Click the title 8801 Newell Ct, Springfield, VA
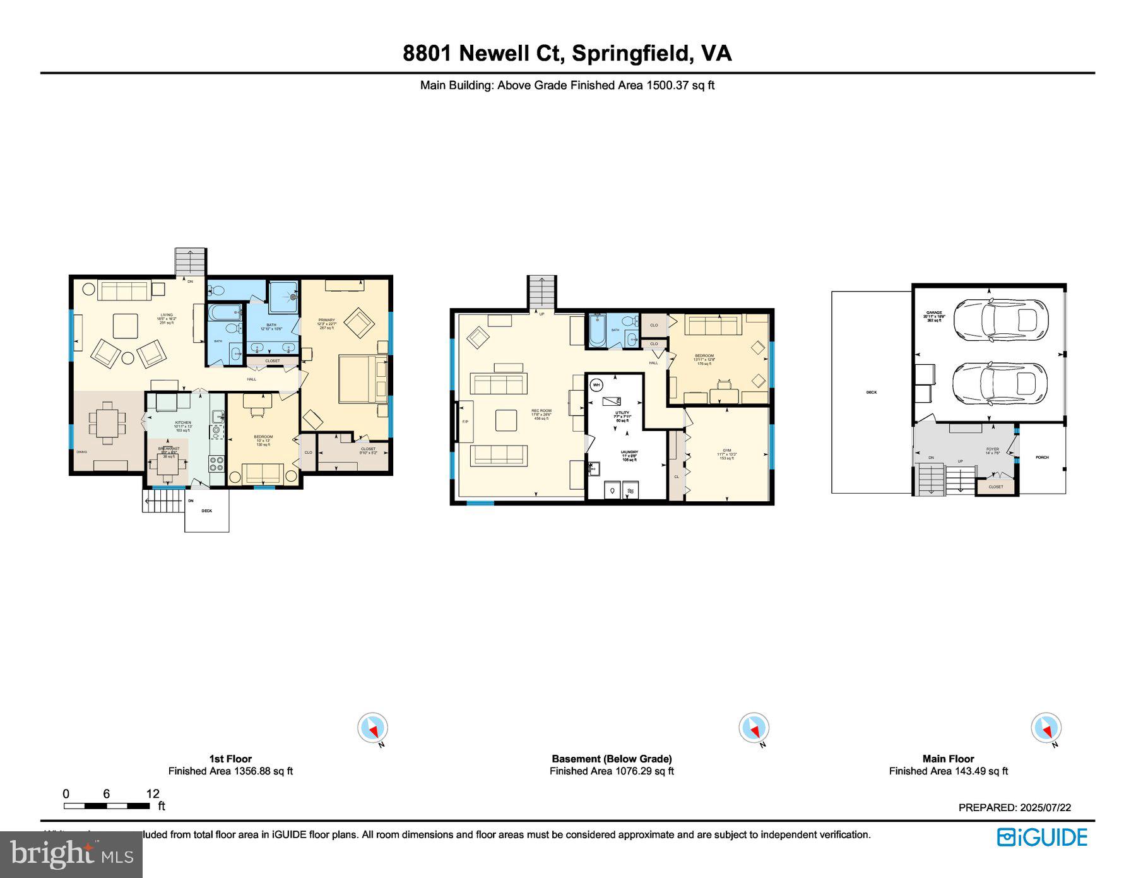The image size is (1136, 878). pos(567,53)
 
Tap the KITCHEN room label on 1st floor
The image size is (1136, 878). pos(183,422)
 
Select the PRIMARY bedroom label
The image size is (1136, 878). pos(327,320)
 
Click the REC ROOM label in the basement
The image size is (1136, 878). pos(541,411)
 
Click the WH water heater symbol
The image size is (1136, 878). pos(596,384)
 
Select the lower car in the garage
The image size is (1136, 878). pos(1000,384)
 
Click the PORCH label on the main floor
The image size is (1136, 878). pos(1042,457)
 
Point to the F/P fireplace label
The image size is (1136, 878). pos(466,421)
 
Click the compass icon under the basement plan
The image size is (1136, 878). pos(754,728)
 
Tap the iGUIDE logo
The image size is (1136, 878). pos(1042,837)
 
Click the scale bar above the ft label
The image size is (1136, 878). pos(107,806)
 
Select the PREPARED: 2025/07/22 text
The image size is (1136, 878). pos(1014,807)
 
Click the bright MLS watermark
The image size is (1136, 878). pos(71,855)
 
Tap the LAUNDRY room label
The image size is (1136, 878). pos(629,452)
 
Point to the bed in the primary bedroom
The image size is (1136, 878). pos(363,379)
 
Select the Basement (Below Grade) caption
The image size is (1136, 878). pos(612,759)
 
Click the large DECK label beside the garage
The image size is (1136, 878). pos(872,392)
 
